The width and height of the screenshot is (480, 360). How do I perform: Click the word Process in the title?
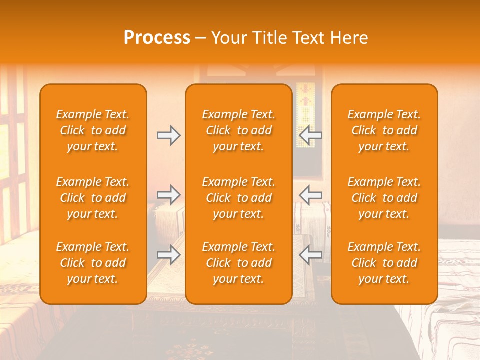coord(157,38)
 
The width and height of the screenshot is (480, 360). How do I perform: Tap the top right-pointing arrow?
coord(168,135)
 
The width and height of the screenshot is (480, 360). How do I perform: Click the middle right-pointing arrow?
coord(168,195)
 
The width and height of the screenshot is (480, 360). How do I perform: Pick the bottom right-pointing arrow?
coord(168,255)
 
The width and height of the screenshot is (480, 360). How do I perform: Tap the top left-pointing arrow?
coord(310,135)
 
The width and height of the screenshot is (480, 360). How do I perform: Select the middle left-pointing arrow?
coord(310,195)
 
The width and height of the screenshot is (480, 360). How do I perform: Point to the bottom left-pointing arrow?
coord(310,255)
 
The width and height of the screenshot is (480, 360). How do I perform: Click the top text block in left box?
coord(93,130)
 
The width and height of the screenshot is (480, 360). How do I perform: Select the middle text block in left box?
coord(93,198)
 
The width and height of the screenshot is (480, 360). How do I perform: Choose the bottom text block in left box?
coord(93,263)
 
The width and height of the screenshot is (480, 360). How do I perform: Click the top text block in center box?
coord(238,130)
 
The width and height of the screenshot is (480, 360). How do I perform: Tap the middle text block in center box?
coord(238,198)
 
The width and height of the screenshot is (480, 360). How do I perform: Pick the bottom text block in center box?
coord(238,263)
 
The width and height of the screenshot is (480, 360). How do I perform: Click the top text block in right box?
coord(384,130)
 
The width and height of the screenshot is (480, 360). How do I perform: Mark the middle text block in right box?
coord(384,198)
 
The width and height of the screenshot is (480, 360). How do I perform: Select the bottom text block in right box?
coord(384,263)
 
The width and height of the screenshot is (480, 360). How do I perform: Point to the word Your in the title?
coord(230,38)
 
